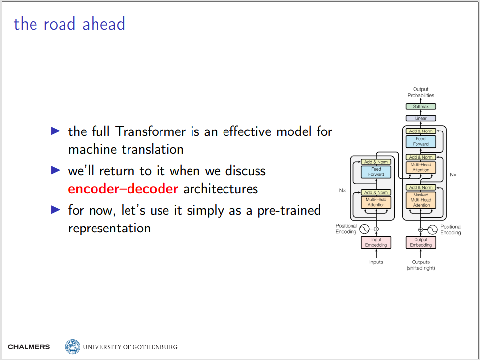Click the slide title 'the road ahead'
[x=69, y=24]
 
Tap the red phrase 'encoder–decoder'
[x=123, y=189]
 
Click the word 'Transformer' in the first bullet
[x=150, y=131]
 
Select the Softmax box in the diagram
[x=420, y=106]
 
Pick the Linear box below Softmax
[x=420, y=118]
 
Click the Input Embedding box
[x=376, y=242]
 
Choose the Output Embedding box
[x=420, y=242]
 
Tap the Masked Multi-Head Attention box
[x=420, y=200]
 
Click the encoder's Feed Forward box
[x=376, y=172]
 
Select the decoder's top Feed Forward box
[x=420, y=141]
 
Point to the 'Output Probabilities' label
[x=420, y=92]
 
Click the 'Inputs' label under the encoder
[x=376, y=262]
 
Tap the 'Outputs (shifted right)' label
[x=420, y=265]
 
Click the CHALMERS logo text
[x=29, y=347]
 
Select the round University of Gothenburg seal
[x=72, y=347]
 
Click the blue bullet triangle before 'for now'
[x=56, y=210]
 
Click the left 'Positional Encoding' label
[x=346, y=229]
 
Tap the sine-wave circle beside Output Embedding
[x=432, y=229]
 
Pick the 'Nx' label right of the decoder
[x=453, y=175]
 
